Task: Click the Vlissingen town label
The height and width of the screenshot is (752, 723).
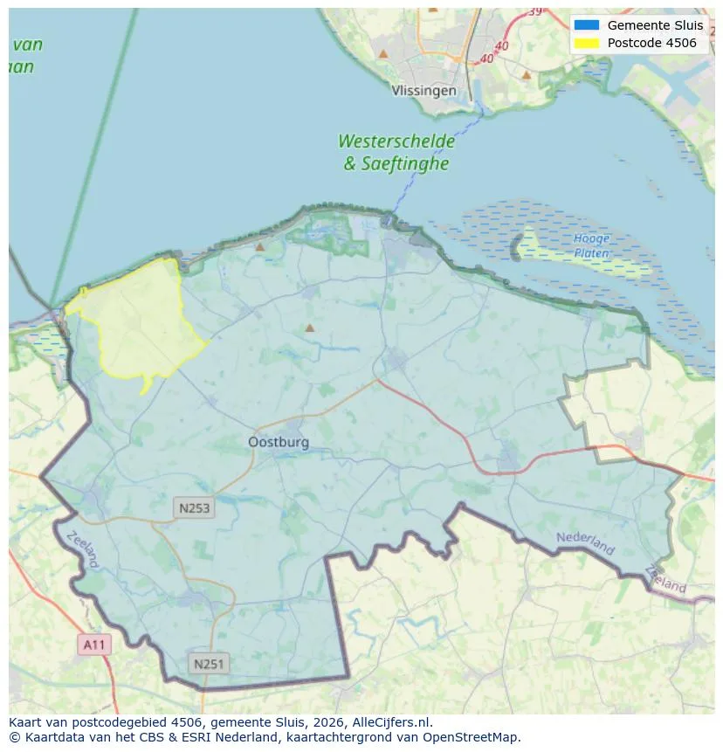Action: (423, 91)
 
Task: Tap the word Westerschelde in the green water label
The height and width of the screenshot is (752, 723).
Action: (396, 141)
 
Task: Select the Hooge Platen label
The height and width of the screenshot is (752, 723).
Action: (592, 245)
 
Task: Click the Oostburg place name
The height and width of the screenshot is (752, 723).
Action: (279, 443)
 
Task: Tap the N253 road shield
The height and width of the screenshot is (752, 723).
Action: (194, 507)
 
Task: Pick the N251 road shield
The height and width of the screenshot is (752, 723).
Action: (209, 664)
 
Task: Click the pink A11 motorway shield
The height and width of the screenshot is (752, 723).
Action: (93, 645)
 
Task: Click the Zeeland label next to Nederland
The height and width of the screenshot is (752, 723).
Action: (666, 579)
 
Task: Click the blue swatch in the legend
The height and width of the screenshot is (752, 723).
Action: (587, 25)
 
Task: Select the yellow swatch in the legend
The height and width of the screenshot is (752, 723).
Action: (587, 43)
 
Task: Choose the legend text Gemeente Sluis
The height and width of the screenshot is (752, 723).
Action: (655, 25)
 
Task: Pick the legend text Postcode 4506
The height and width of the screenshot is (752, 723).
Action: (652, 43)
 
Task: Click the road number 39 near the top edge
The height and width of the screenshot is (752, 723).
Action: (534, 11)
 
